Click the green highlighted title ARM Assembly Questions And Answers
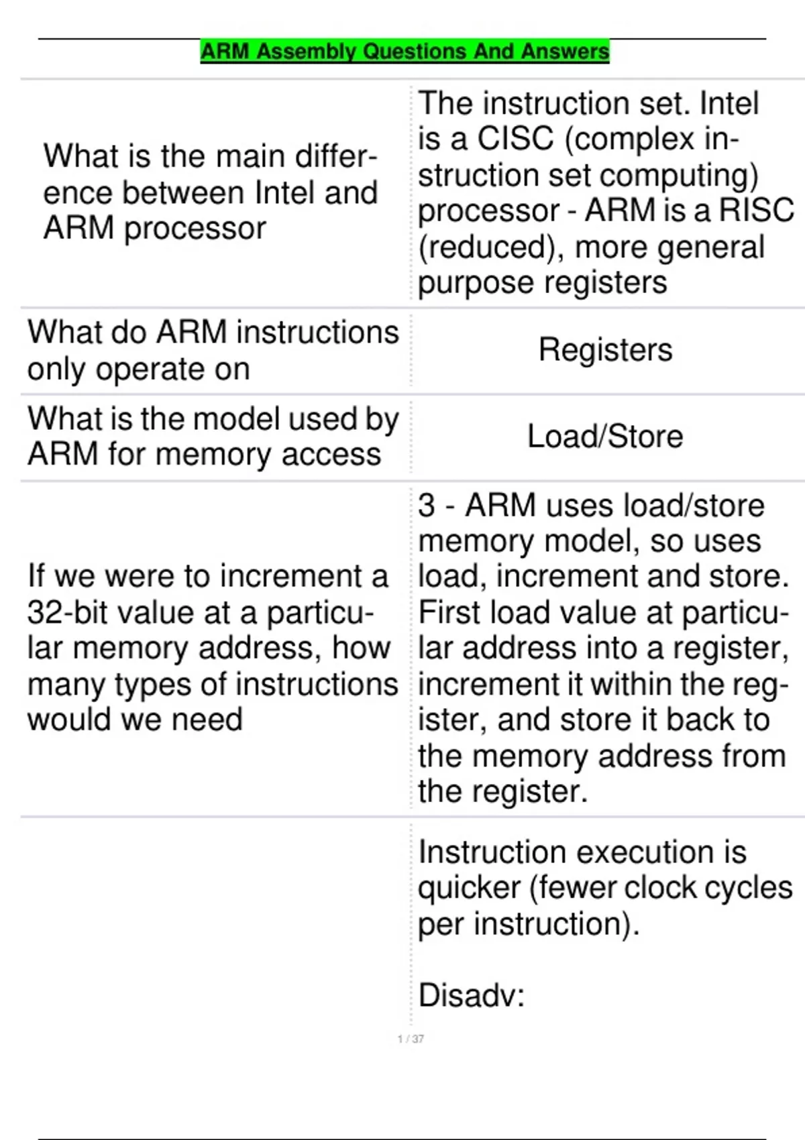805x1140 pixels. click(405, 52)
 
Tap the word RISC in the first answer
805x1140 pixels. click(756, 211)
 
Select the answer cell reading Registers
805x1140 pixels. click(605, 350)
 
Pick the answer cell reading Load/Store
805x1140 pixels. click(605, 437)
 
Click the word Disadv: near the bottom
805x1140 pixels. click(471, 995)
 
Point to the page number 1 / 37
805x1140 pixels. click(411, 1039)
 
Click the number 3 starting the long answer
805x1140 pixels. click(427, 506)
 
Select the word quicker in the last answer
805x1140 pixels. click(469, 889)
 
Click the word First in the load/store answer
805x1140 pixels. click(449, 613)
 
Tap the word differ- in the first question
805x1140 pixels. click(335, 157)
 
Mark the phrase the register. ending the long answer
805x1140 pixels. click(502, 792)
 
